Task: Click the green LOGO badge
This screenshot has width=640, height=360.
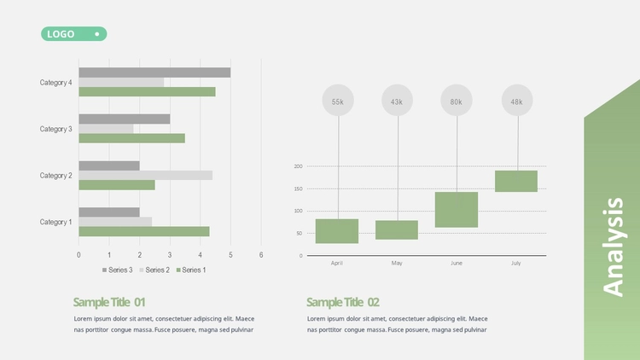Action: (74, 34)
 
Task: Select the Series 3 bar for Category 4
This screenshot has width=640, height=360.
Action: (154, 73)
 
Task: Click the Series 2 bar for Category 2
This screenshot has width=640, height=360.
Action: (146, 176)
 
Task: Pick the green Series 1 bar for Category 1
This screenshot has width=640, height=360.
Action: (144, 231)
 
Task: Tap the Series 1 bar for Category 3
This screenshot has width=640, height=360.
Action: (131, 138)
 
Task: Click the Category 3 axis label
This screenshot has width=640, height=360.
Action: (56, 129)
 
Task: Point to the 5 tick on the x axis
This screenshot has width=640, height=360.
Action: (230, 255)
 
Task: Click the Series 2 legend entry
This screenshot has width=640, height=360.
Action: (154, 270)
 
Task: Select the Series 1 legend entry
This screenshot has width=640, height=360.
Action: (191, 270)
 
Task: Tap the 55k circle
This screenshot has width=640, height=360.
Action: (338, 101)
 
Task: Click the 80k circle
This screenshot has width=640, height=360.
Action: (457, 101)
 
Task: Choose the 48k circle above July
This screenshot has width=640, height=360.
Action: (517, 101)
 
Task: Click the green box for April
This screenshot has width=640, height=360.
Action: (337, 231)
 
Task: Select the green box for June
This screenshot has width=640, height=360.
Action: (457, 210)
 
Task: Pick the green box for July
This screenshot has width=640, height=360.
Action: (516, 181)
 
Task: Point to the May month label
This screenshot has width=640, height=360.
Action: (397, 264)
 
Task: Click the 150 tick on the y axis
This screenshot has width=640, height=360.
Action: (299, 189)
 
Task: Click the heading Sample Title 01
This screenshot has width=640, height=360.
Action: (109, 303)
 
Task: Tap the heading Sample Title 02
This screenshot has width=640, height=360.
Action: (343, 303)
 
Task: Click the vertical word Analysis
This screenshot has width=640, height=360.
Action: (614, 247)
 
